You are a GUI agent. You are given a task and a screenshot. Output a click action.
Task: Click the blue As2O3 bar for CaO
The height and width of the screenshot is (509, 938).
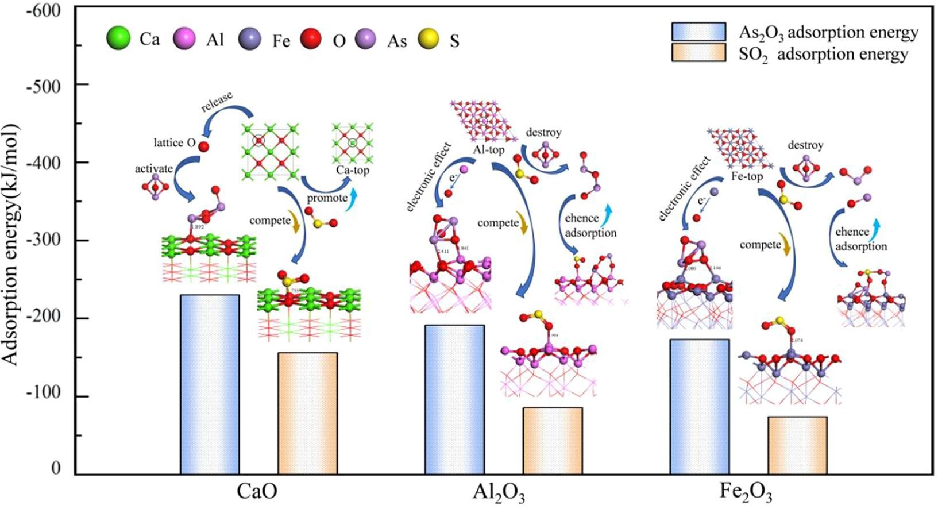click(210, 384)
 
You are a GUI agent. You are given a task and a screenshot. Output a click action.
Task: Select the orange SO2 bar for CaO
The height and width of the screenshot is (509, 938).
click(307, 413)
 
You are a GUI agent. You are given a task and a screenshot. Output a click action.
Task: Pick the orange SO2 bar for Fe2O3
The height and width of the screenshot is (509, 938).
click(797, 445)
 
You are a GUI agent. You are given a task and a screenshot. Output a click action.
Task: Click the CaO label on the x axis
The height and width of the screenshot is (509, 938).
click(257, 493)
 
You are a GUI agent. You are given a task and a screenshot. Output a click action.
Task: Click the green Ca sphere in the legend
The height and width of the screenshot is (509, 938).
click(118, 39)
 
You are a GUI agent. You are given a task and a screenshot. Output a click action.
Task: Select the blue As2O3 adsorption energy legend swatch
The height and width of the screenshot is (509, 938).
click(698, 32)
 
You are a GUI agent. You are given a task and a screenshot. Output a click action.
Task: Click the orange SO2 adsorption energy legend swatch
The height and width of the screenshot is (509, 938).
click(698, 53)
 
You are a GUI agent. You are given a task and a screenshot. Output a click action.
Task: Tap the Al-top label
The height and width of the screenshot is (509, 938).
click(488, 150)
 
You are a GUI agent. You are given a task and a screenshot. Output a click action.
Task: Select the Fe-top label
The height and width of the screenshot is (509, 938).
click(747, 176)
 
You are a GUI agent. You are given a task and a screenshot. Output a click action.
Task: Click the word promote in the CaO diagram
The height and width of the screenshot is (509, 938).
click(326, 198)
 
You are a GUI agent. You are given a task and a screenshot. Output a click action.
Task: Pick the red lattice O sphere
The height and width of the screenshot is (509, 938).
click(203, 146)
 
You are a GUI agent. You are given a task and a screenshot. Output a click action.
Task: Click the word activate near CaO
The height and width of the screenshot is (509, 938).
click(153, 169)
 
